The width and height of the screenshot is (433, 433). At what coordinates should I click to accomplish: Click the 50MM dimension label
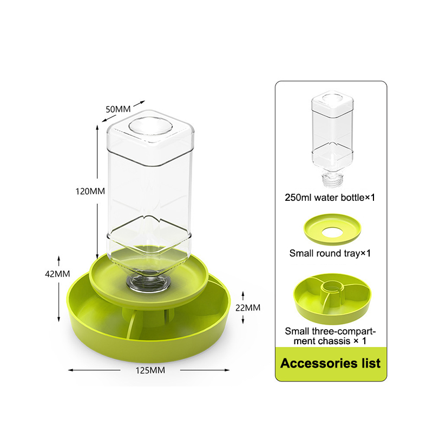[118, 109]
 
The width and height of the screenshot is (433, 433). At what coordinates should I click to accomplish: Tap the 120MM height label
[90, 191]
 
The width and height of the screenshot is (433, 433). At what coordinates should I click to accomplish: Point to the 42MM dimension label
[57, 274]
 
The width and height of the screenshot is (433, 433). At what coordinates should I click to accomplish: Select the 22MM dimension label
[248, 307]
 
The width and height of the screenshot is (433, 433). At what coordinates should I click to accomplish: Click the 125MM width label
[150, 370]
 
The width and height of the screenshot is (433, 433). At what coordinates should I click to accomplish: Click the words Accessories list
[331, 363]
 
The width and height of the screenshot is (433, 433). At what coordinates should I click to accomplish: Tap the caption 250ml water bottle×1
[330, 198]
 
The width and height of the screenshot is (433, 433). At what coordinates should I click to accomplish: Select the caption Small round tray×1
[330, 253]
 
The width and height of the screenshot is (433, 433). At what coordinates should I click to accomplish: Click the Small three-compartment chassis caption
[330, 336]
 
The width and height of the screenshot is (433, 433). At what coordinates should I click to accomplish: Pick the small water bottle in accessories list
[332, 138]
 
